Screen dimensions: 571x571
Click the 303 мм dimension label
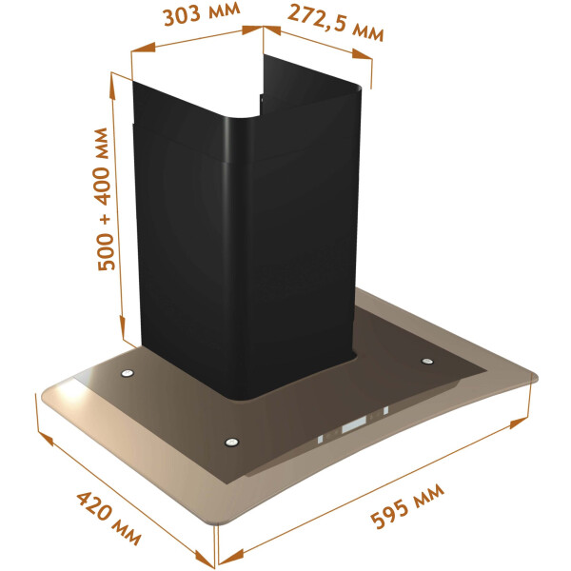point(202,14)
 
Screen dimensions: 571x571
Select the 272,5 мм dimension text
point(336,23)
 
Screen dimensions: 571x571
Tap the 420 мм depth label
point(108,518)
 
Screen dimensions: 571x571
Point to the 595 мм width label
point(407,506)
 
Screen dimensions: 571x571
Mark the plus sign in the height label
point(106,220)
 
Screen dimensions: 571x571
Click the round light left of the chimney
point(128,373)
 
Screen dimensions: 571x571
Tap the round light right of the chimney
point(426,362)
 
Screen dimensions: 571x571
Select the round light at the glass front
point(232,443)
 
